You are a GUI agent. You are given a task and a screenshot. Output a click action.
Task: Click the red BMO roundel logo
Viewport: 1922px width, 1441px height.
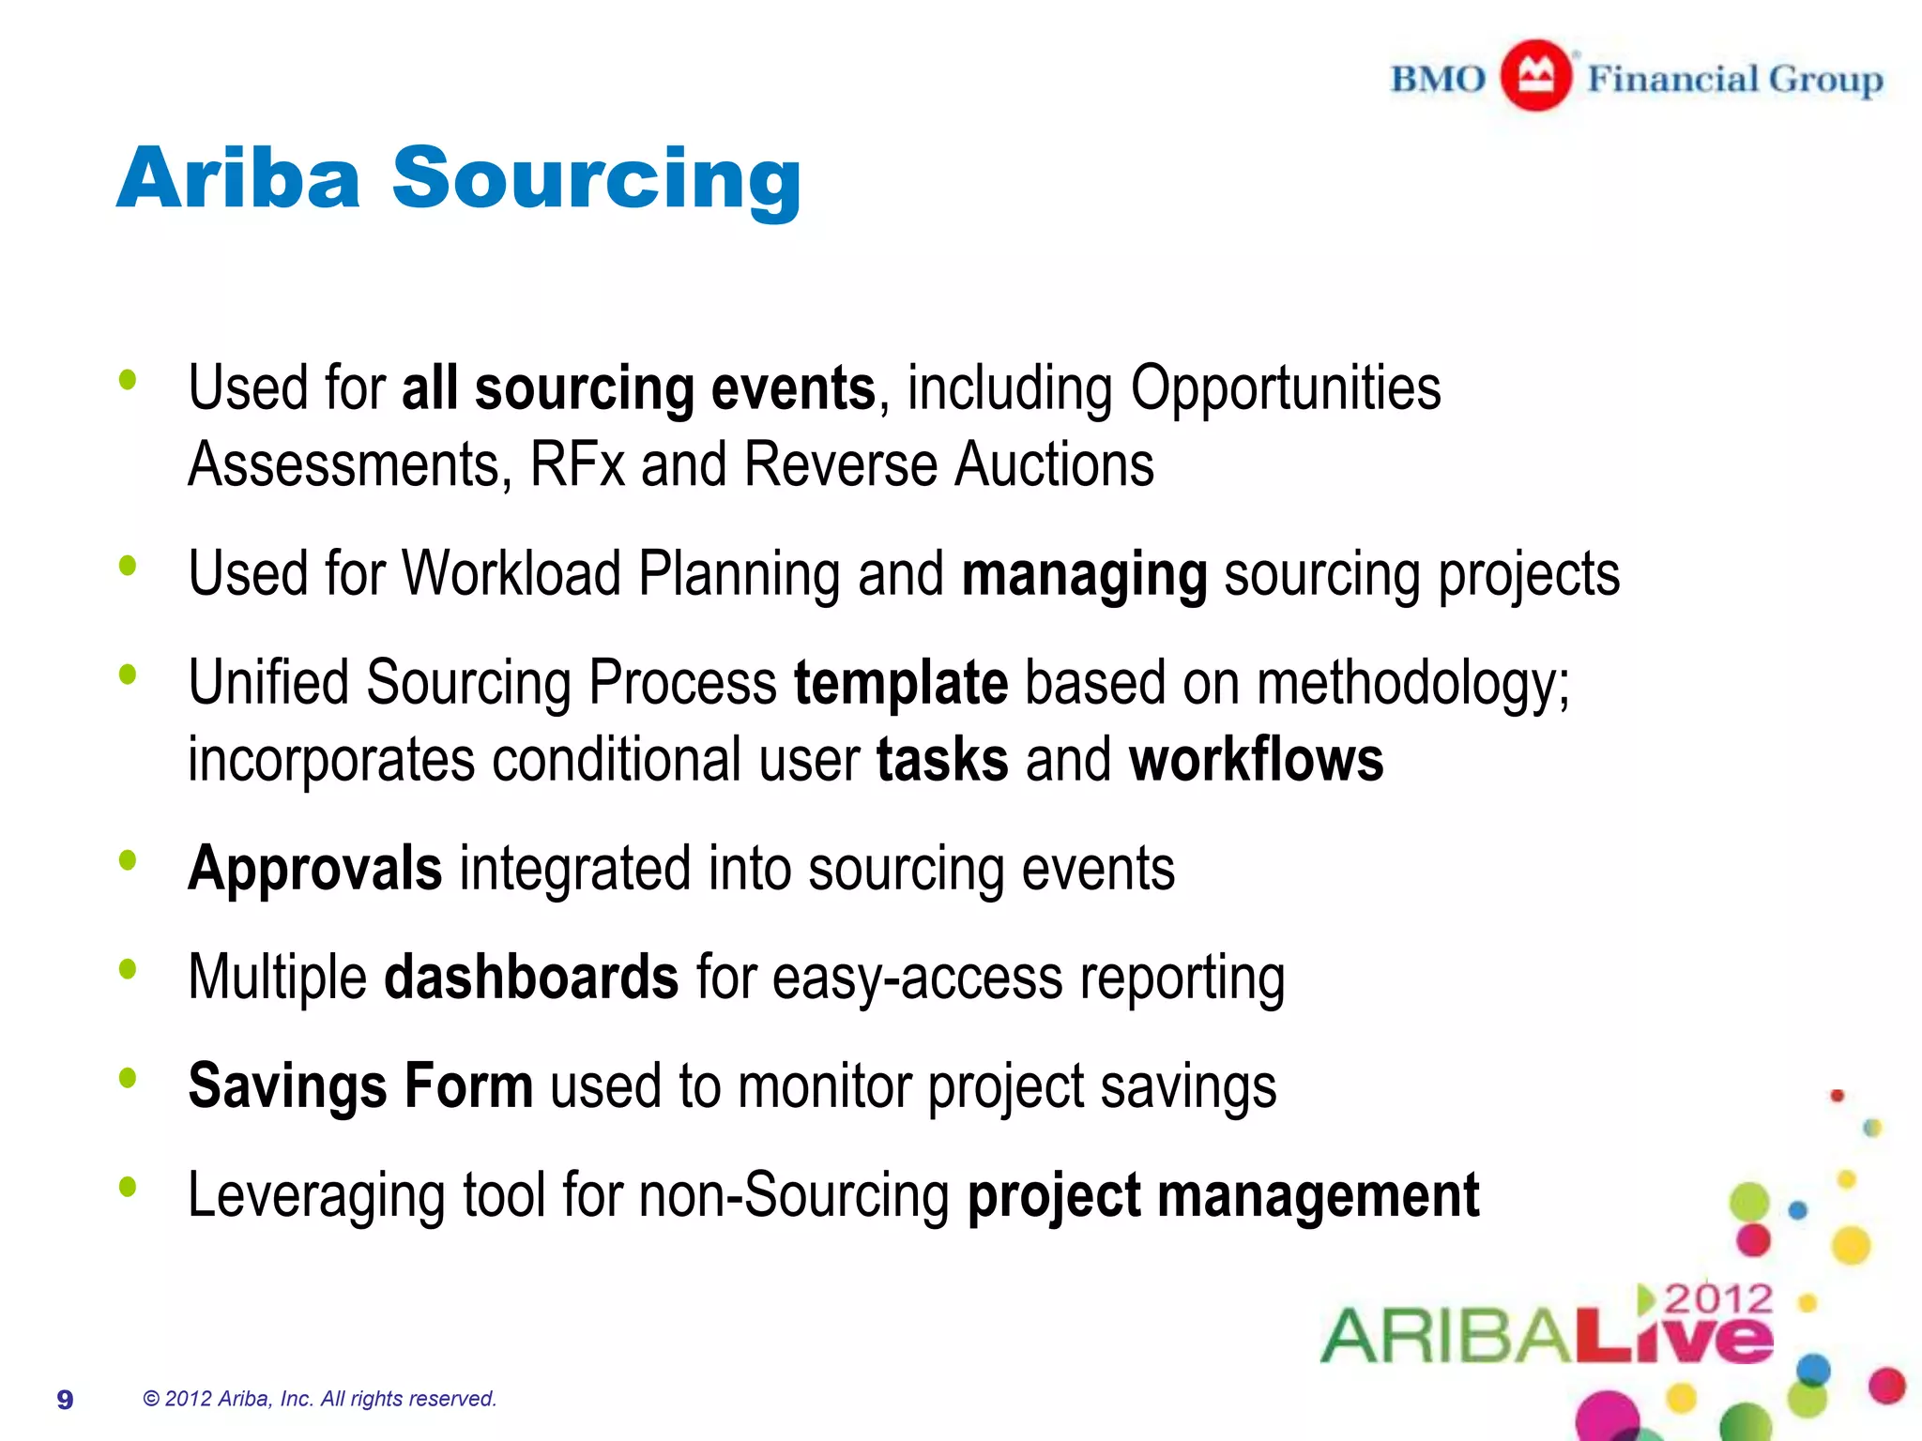click(1535, 76)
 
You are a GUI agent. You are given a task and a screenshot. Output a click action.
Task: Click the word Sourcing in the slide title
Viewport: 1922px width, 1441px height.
click(597, 179)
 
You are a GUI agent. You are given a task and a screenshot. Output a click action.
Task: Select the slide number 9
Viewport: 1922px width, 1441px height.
click(65, 1400)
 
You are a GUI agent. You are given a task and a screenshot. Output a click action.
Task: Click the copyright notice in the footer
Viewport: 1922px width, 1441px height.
click(319, 1399)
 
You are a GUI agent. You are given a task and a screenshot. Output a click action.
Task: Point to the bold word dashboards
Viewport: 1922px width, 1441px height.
click(531, 978)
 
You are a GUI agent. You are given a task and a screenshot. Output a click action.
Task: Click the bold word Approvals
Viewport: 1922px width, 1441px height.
click(315, 869)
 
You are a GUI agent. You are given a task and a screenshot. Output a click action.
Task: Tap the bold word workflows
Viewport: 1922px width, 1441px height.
click(1256, 759)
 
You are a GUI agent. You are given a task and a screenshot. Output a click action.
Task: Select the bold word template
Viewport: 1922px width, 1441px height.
click(901, 682)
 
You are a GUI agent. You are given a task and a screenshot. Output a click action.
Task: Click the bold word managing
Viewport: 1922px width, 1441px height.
click(1085, 574)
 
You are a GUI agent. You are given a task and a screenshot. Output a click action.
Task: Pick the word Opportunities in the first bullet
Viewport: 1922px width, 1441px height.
click(1286, 388)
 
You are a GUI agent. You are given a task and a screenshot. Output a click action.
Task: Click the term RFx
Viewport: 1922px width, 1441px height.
click(577, 464)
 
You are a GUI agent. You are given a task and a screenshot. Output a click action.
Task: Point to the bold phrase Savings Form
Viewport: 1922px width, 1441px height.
click(360, 1086)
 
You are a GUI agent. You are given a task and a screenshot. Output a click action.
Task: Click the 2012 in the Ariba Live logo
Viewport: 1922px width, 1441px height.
click(1718, 1299)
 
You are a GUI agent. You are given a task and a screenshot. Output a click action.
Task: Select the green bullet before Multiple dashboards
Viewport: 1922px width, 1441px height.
click(128, 969)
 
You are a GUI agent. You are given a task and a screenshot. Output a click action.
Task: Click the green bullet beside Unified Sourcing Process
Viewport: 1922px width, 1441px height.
click(128, 674)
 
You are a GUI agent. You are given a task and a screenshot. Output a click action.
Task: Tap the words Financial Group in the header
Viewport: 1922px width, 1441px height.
click(1735, 80)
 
